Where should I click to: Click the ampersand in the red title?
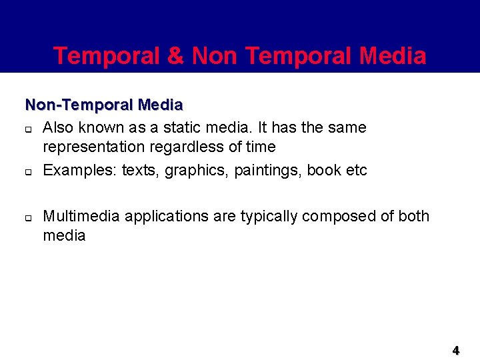pos(176,56)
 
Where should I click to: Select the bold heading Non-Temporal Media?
pos(104,105)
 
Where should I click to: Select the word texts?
pos(141,170)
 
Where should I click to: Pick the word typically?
pos(270,217)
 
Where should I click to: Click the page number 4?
pos(456,350)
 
